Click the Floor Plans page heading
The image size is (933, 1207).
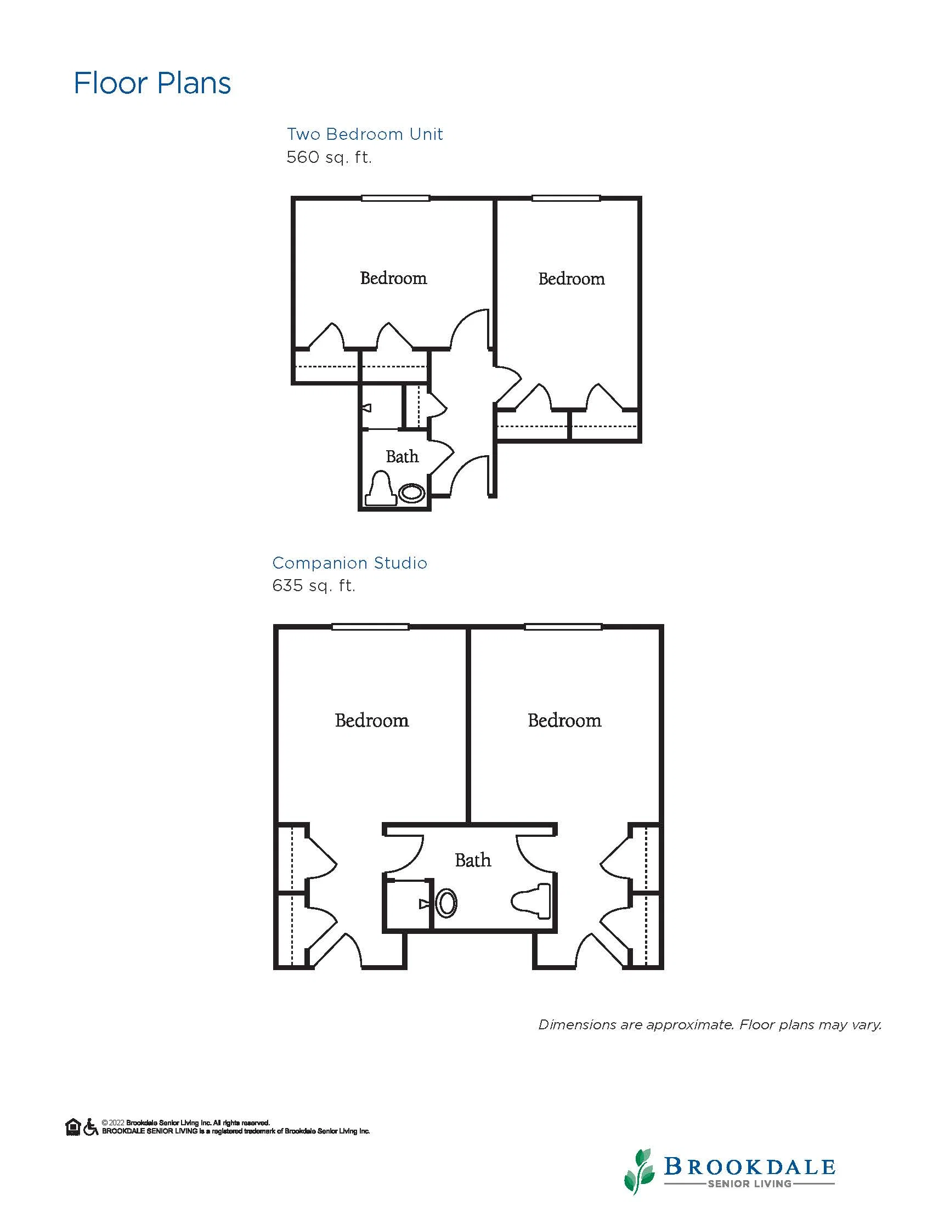(152, 83)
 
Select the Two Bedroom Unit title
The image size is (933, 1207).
(365, 134)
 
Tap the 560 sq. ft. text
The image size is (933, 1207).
(329, 157)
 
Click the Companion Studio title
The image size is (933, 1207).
(350, 563)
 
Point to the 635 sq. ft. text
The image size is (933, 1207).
(313, 585)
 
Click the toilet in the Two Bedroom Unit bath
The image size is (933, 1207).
(381, 488)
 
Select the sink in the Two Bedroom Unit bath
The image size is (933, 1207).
(412, 492)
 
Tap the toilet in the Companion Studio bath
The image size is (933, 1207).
(531, 901)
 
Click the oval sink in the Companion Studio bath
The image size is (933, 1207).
(446, 903)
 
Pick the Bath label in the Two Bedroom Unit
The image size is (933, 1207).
(403, 456)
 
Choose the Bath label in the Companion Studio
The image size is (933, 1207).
(473, 860)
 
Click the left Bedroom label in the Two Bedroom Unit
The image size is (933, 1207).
(393, 278)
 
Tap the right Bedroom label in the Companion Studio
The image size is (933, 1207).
(564, 720)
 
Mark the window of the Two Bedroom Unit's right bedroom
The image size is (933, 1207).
(566, 198)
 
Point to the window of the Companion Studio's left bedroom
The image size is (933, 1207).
(370, 627)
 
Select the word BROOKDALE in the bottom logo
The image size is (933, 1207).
(749, 1166)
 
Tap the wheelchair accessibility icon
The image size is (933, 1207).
(91, 1127)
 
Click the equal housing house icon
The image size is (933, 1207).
(73, 1127)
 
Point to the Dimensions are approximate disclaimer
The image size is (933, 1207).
(710, 1024)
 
